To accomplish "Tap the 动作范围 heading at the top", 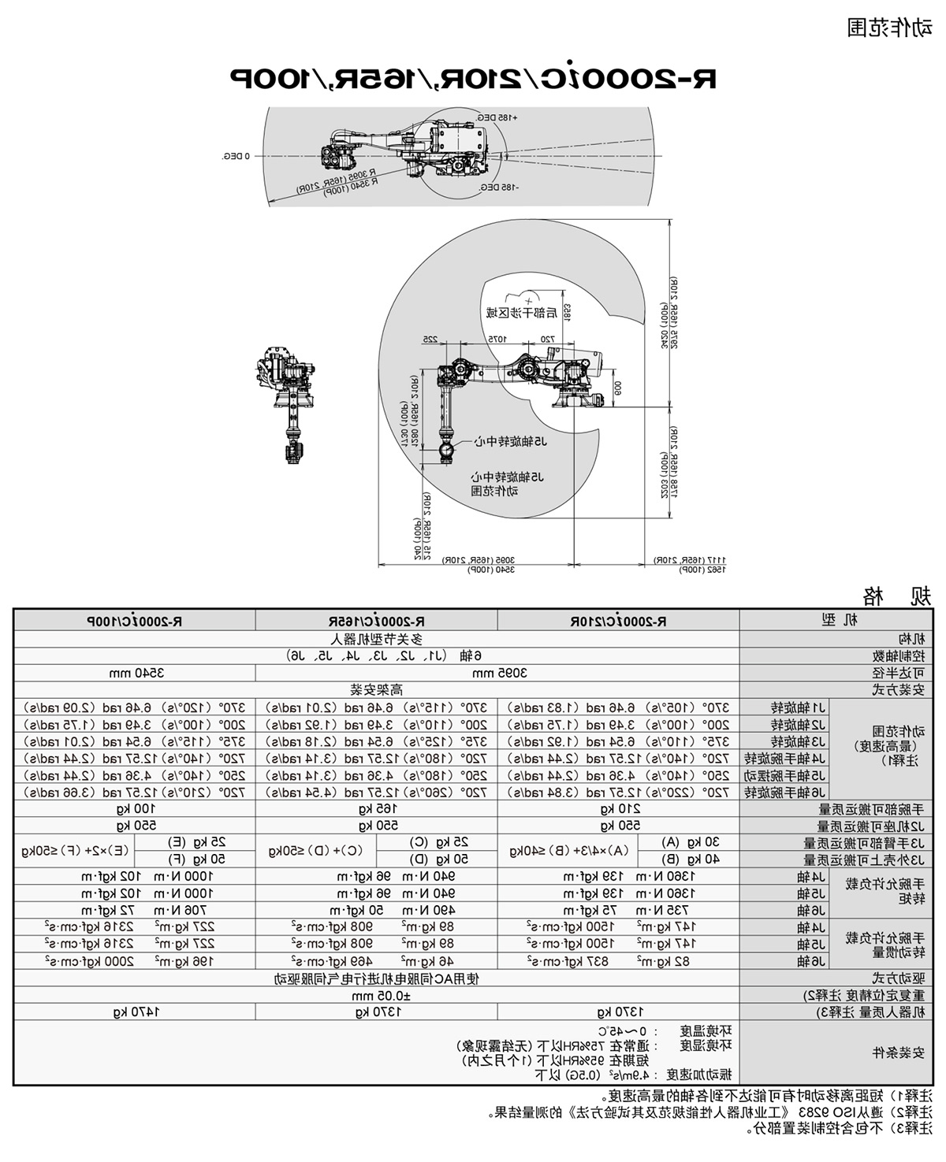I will (x=889, y=29).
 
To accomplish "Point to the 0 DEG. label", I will (x=236, y=156).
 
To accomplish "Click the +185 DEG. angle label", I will (x=497, y=117).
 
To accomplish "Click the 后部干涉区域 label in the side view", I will (x=520, y=312).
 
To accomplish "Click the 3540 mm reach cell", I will (x=135, y=673).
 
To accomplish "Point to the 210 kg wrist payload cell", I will (x=619, y=808).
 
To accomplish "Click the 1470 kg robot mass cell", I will (x=135, y=1012).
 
